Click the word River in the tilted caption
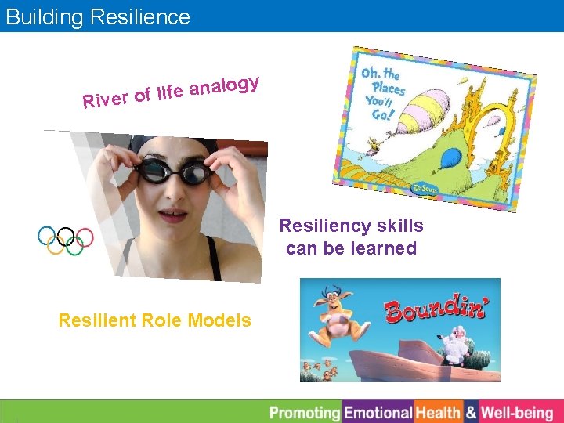click(106, 99)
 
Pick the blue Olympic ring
click(46, 235)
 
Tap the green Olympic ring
click(74, 246)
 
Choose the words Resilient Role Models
click(155, 320)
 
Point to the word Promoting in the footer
click(305, 412)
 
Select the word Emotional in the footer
click(378, 412)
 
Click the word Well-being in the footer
click(517, 412)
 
